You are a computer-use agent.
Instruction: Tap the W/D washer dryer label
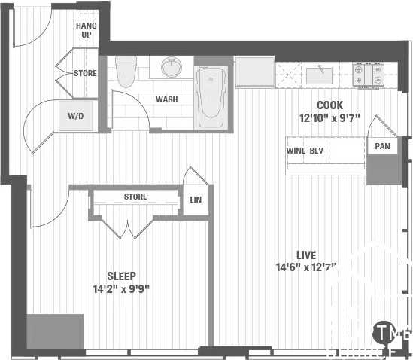[x=76, y=117]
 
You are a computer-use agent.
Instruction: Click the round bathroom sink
[x=173, y=68]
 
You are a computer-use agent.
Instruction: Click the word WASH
[x=166, y=99]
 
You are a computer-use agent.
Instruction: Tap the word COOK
[x=329, y=105]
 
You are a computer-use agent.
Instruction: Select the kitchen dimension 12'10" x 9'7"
[x=329, y=117]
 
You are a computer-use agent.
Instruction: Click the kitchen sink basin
[x=320, y=73]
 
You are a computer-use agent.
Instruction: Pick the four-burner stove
[x=369, y=73]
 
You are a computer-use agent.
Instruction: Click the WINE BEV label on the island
[x=305, y=149]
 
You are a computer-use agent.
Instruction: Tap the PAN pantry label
[x=383, y=146]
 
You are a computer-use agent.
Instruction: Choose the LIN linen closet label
[x=196, y=200]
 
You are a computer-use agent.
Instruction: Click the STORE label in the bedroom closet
[x=135, y=197]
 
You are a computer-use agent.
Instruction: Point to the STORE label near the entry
[x=85, y=73]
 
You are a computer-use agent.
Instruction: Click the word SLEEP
[x=121, y=276]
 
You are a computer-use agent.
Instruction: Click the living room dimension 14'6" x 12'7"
[x=305, y=267]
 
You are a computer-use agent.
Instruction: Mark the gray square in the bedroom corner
[x=55, y=331]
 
